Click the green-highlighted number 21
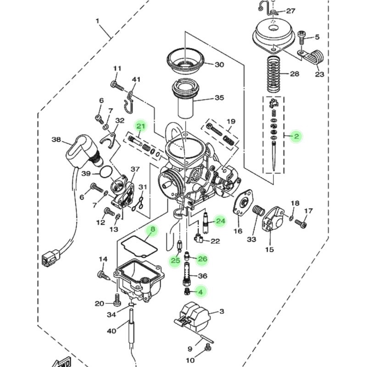click(141, 127)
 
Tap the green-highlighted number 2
click(296, 136)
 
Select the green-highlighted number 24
click(221, 221)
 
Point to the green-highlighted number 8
click(153, 229)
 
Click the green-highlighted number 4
click(200, 292)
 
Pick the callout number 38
click(56, 139)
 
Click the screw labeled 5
click(301, 38)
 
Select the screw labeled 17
click(301, 223)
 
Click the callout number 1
click(97, 21)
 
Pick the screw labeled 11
click(117, 86)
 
